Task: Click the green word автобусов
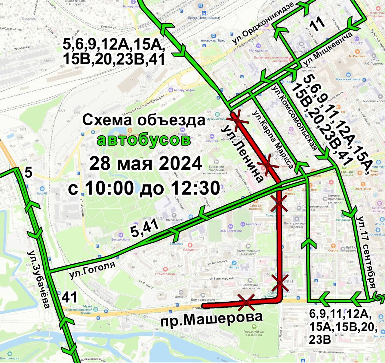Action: [x=144, y=140]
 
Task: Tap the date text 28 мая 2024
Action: [x=146, y=164]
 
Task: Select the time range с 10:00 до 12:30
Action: [x=144, y=188]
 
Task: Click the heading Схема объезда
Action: [x=144, y=120]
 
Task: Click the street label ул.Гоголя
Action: [x=92, y=270]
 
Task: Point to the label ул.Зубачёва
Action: [x=39, y=279]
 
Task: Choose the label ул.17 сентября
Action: [x=367, y=252]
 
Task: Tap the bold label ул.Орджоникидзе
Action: [x=263, y=23]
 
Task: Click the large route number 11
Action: [x=318, y=23]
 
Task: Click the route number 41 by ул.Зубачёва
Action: [x=70, y=297]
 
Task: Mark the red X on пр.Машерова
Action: [x=246, y=302]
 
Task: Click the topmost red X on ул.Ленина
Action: [x=238, y=120]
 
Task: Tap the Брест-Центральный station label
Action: [x=204, y=18]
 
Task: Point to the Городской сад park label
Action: [x=254, y=332]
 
